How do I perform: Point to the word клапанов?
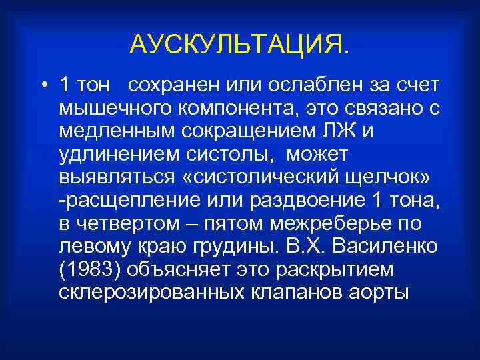coord(306,290)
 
